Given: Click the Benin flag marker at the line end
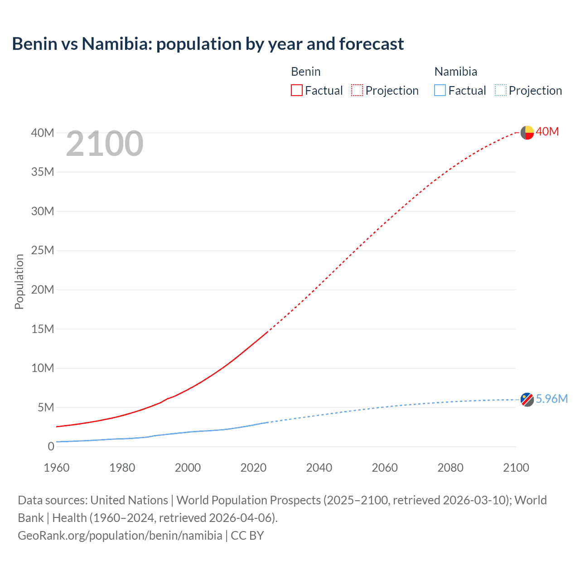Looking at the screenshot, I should [527, 132].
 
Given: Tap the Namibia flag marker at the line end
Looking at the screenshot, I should [527, 400].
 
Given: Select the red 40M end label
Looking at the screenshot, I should [547, 132].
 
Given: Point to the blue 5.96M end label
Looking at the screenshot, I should [551, 399].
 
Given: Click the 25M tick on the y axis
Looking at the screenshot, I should [43, 251].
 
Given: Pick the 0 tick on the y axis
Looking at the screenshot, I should [51, 447].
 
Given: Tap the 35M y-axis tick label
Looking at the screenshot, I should [43, 172].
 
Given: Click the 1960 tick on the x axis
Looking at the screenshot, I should [57, 468].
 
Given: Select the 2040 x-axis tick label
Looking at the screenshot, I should [319, 468].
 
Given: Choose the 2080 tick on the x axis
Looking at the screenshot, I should [450, 468].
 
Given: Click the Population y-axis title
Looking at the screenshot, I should [19, 281].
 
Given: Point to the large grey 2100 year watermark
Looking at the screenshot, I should [105, 144].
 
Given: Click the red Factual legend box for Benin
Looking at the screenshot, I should [297, 91].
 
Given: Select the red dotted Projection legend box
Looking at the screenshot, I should [357, 91].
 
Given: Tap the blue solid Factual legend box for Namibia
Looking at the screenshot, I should [440, 91].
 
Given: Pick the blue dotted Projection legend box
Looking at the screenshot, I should [500, 91].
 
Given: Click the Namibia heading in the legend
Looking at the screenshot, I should [455, 72].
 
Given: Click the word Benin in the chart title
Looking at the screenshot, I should [35, 44].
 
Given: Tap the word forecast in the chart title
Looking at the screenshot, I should [371, 44].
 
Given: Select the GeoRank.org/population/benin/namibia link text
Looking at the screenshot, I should [120, 536].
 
